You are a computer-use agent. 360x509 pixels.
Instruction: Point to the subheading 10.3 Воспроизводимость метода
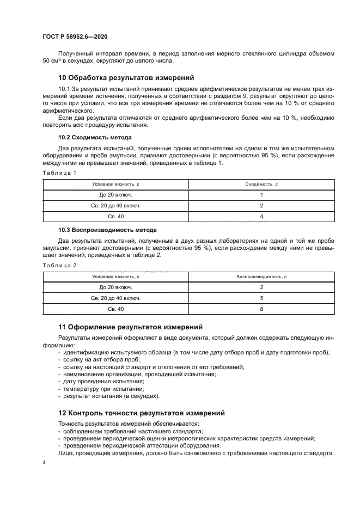[x=107, y=230]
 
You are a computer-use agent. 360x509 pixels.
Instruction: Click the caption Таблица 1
[x=59, y=173]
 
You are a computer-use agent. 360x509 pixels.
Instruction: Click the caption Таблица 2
[x=59, y=265]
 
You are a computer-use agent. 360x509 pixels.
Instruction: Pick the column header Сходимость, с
[x=261, y=185]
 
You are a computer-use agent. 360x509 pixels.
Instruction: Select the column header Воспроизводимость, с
[x=261, y=277]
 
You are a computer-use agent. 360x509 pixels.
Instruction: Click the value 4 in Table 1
[x=261, y=216]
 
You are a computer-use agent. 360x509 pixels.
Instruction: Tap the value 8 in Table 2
[x=261, y=309]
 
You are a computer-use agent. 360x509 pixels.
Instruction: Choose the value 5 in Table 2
[x=261, y=298]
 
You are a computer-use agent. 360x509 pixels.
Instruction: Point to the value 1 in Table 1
[x=261, y=195]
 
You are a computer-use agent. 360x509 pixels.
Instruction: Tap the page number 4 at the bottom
[x=44, y=462]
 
